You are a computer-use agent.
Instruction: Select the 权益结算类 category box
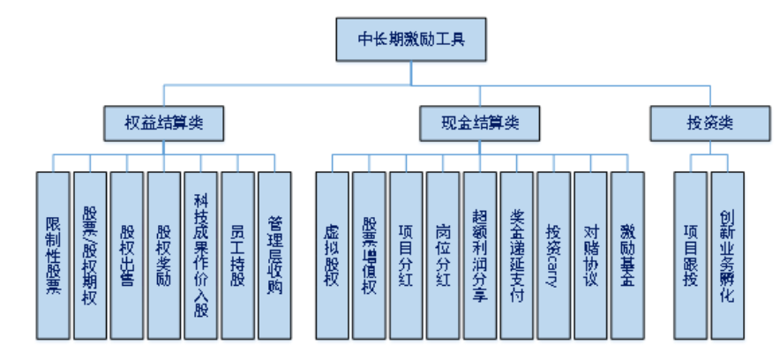pos(164,123)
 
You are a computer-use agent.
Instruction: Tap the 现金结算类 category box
pos(480,123)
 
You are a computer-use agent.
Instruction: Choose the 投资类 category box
pos(709,123)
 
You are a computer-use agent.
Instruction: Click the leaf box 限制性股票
pos(53,255)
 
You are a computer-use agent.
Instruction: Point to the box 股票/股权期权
pos(90,255)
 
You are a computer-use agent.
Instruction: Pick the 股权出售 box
pos(127,255)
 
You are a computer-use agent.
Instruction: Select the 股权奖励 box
pos(164,255)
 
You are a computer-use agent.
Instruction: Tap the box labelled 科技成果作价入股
pos(201,255)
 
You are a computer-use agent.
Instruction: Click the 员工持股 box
pos(238,255)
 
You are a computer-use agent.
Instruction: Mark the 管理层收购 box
pos(275,255)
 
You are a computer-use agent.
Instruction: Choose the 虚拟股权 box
pos(333,255)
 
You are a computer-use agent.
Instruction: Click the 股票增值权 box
pos(370,255)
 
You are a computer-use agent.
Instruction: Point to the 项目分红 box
pos(406,255)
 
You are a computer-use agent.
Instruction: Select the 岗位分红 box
pos(443,255)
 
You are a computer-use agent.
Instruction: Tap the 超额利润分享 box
pos(480,255)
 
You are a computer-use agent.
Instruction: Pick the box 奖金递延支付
pos(517,255)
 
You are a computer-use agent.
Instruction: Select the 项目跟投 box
pos(691,255)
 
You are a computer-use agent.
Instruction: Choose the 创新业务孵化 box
pos(728,255)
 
